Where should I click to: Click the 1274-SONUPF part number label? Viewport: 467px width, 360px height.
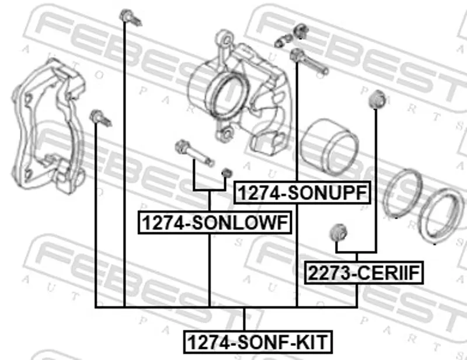(x=302, y=193)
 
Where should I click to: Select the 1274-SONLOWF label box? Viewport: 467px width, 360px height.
(x=215, y=222)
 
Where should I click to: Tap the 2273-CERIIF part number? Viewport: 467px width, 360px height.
(x=364, y=272)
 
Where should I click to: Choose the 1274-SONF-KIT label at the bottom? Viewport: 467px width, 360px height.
(x=257, y=342)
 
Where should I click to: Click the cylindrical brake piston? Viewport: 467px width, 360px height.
(x=329, y=146)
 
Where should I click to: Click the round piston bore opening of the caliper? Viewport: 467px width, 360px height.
(x=227, y=95)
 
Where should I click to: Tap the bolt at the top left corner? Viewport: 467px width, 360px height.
(x=130, y=18)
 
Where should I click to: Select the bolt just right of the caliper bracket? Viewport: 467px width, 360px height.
(x=100, y=118)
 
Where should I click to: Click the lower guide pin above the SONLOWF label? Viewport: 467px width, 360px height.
(x=194, y=153)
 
